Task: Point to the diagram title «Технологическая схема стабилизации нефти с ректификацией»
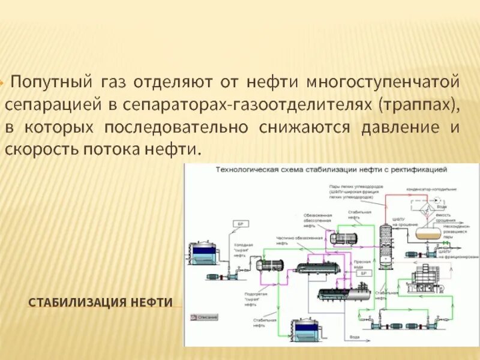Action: (332, 170)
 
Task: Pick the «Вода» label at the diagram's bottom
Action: (355, 337)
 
